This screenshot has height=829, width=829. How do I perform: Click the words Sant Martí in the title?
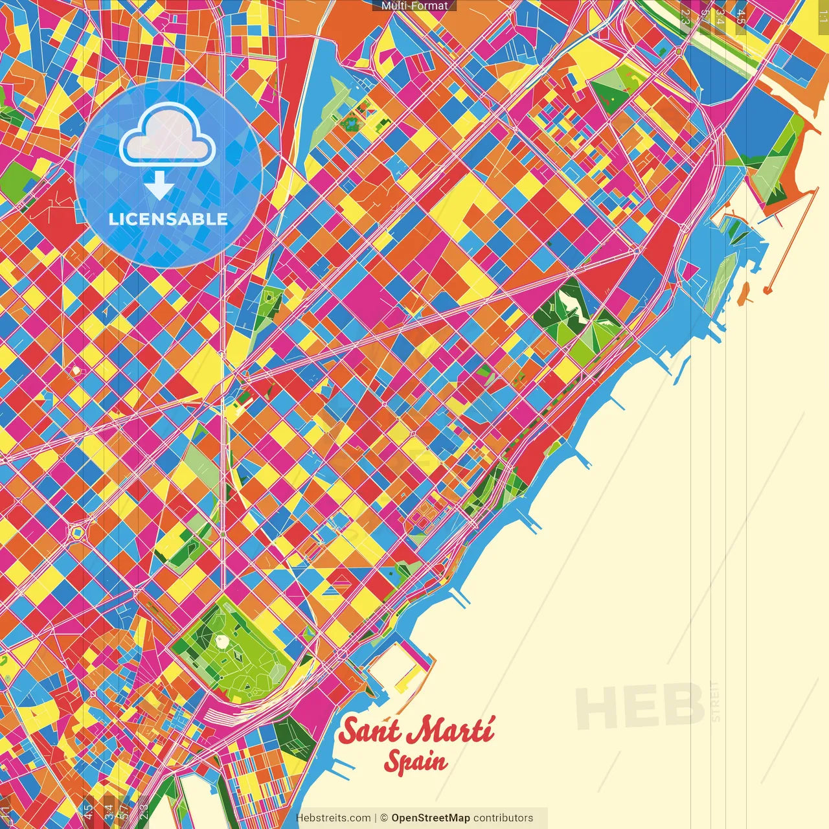[x=416, y=731]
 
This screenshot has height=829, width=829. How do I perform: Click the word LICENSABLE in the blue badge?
[x=168, y=219]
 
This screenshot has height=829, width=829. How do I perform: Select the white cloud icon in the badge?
[x=168, y=133]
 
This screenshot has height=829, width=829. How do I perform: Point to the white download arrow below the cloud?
[x=159, y=185]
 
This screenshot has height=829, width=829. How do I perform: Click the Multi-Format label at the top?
[x=414, y=6]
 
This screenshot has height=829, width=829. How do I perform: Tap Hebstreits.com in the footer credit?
[x=334, y=818]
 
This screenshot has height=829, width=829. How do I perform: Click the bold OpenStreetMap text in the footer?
[x=430, y=818]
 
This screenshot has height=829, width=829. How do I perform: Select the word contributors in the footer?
[x=503, y=818]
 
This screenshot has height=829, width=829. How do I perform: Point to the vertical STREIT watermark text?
[x=716, y=701]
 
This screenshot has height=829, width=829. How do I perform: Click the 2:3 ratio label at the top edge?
[x=685, y=17]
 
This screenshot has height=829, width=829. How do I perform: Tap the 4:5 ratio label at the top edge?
[x=740, y=17]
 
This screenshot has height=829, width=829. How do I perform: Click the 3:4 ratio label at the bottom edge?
[x=109, y=812]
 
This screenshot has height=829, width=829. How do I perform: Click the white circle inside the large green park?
[x=222, y=641]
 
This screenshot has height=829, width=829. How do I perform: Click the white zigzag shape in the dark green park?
[x=573, y=305]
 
